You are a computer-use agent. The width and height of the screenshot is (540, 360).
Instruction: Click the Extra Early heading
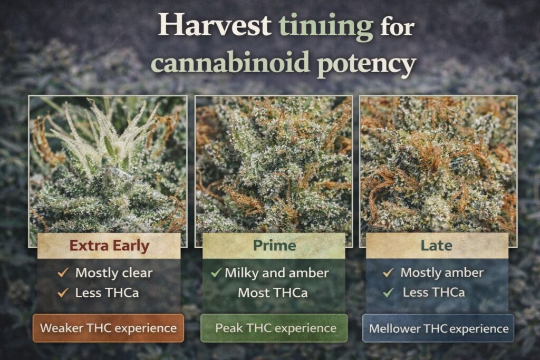point(109,246)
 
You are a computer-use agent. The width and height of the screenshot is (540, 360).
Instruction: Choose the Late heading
point(437,246)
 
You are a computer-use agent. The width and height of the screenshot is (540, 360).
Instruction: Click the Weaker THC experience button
point(108,327)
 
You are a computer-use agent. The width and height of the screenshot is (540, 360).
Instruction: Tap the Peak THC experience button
point(274,327)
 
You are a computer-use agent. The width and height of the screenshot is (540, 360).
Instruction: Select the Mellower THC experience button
point(438,328)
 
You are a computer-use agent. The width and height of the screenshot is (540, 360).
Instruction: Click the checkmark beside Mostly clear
point(62,273)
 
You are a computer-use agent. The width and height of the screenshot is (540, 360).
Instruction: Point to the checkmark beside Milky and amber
point(215,273)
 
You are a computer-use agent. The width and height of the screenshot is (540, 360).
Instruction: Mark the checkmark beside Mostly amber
point(388,273)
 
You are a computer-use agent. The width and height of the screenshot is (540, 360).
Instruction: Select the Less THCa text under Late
point(434,292)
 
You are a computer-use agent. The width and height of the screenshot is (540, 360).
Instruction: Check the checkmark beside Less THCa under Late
point(389,291)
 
